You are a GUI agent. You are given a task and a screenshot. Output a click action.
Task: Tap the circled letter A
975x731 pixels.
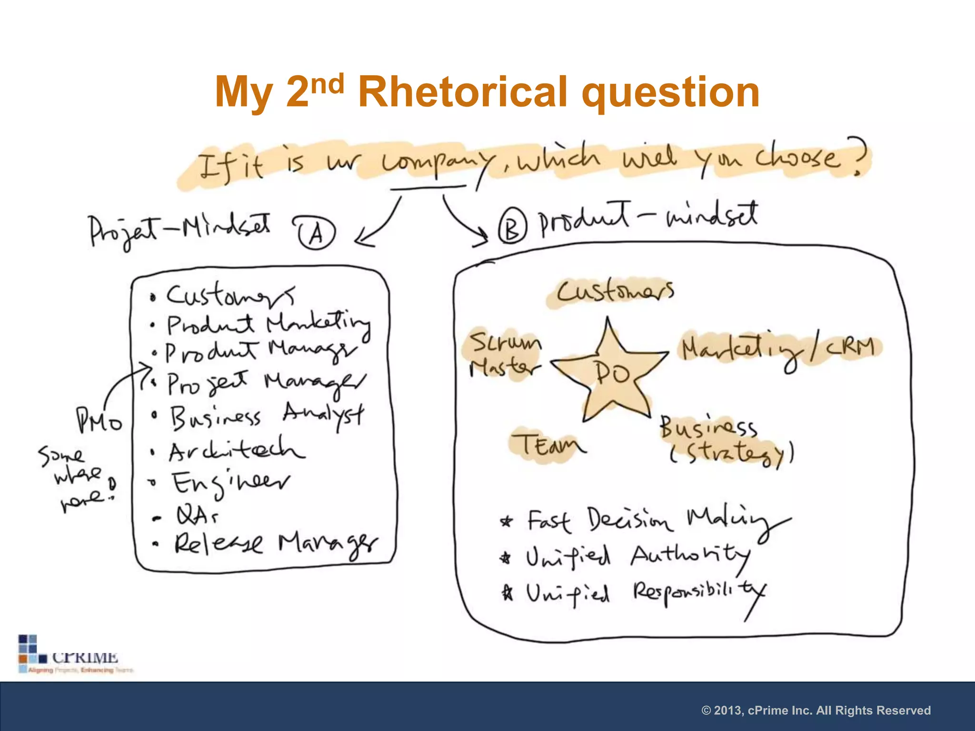316,233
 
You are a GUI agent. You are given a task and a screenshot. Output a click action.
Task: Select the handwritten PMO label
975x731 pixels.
99,421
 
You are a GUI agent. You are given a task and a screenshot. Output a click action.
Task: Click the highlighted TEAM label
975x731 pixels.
547,445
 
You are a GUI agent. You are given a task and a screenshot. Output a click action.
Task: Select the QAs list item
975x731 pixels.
197,515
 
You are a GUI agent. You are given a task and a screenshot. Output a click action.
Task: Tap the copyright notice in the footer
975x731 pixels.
816,711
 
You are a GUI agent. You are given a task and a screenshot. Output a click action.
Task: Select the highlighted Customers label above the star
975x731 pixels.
615,291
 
